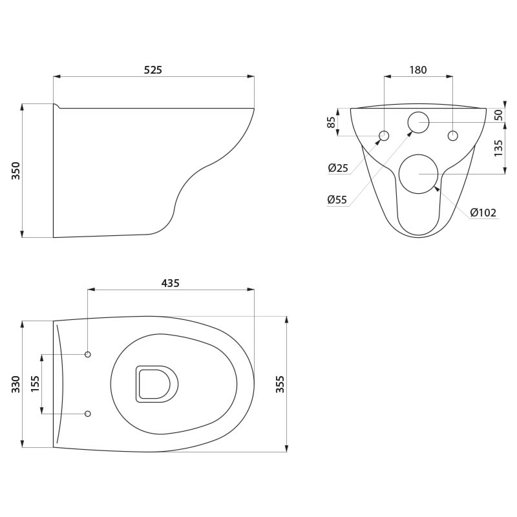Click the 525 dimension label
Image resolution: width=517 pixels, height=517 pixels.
153,70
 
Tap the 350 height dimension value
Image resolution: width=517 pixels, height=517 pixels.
16,171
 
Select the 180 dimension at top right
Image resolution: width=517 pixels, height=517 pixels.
418,70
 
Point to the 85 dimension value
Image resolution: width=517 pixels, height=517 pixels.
332,122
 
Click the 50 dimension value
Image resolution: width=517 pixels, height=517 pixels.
498,114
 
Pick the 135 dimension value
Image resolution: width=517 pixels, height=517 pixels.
498,148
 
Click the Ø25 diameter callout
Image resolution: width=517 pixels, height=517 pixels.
338,168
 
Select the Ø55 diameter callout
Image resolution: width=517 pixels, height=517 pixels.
337,199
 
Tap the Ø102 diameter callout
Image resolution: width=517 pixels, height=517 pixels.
483,213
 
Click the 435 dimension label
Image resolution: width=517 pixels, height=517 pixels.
171,283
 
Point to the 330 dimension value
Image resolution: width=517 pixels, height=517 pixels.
16,384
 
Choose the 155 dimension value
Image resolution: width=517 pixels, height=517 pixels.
35,384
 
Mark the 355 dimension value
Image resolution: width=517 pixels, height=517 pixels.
280,384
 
